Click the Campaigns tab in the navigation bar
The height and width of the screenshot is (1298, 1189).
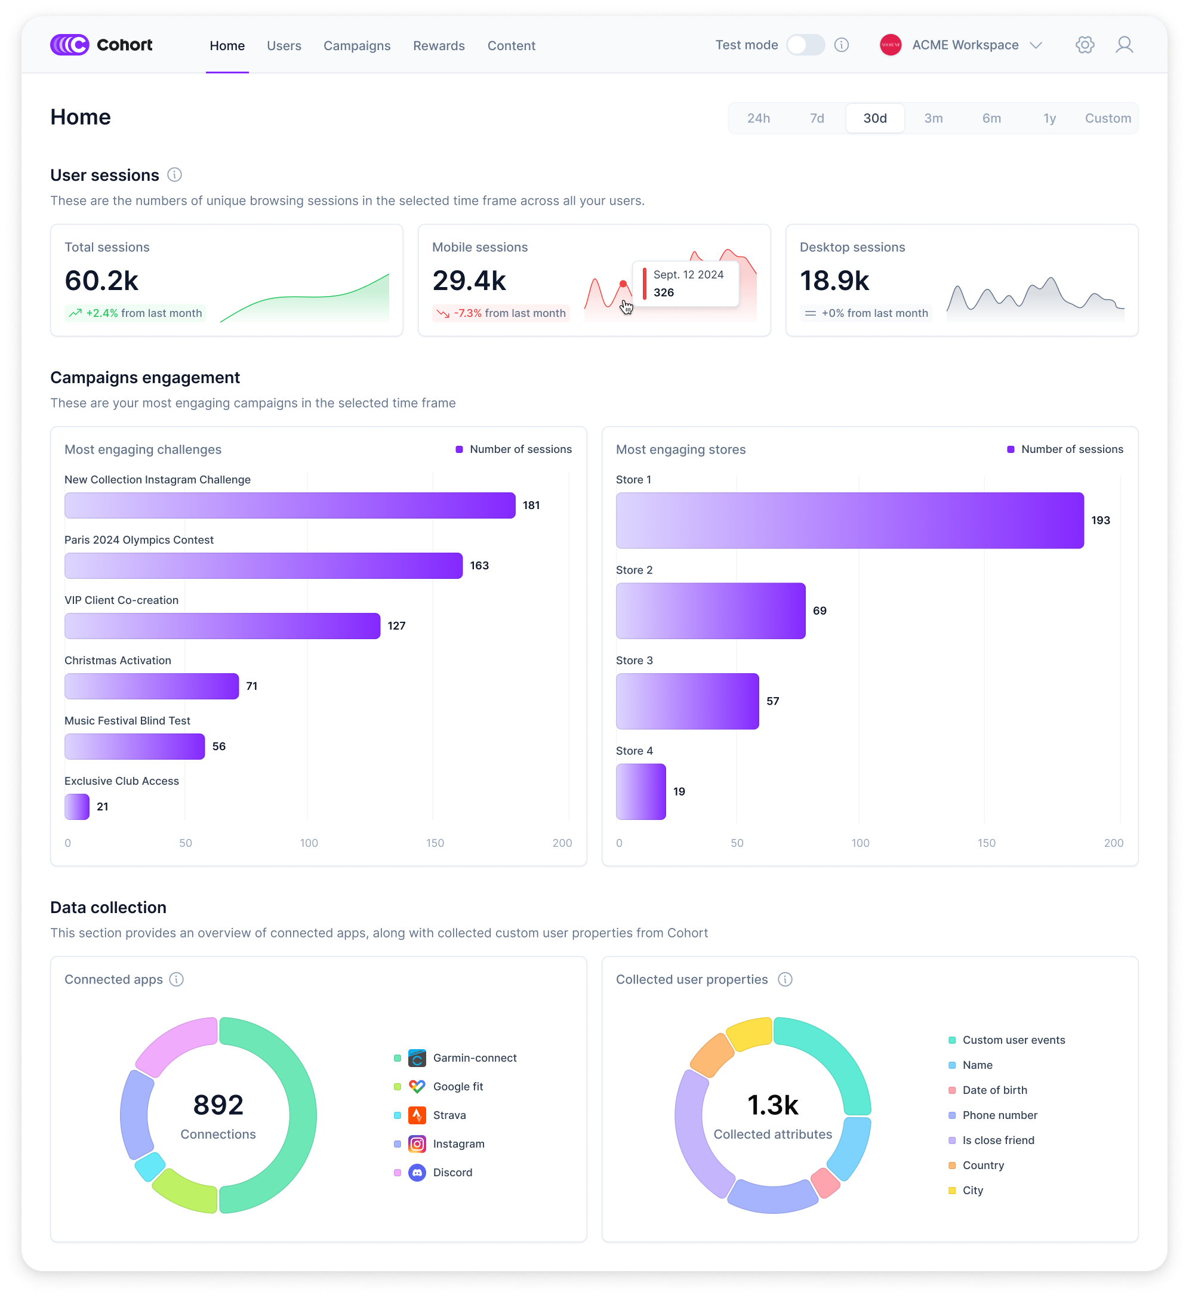point(357,46)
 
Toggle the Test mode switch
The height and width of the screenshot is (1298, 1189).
point(805,45)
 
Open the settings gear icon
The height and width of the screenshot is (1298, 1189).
point(1085,45)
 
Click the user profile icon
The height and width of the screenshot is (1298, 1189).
point(1124,45)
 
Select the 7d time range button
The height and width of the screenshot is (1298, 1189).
point(817,119)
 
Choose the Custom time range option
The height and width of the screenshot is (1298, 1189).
point(1107,119)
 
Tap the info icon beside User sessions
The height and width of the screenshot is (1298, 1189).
point(174,175)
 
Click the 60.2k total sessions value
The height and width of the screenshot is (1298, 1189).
point(101,280)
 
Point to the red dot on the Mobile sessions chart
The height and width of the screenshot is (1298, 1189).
point(623,284)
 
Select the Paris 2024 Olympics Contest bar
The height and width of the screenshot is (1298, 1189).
point(263,566)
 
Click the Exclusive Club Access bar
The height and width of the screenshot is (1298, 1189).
point(76,807)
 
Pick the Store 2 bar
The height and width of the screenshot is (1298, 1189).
point(710,611)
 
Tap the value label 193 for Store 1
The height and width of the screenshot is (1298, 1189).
point(1100,520)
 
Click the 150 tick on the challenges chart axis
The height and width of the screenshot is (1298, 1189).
point(435,843)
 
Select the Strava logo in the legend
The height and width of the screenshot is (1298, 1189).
point(417,1115)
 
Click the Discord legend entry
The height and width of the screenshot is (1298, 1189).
point(452,1173)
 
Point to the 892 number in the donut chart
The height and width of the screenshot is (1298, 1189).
point(218,1105)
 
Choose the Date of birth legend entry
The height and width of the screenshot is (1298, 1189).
point(994,1090)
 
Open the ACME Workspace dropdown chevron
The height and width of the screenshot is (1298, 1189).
point(1036,45)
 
